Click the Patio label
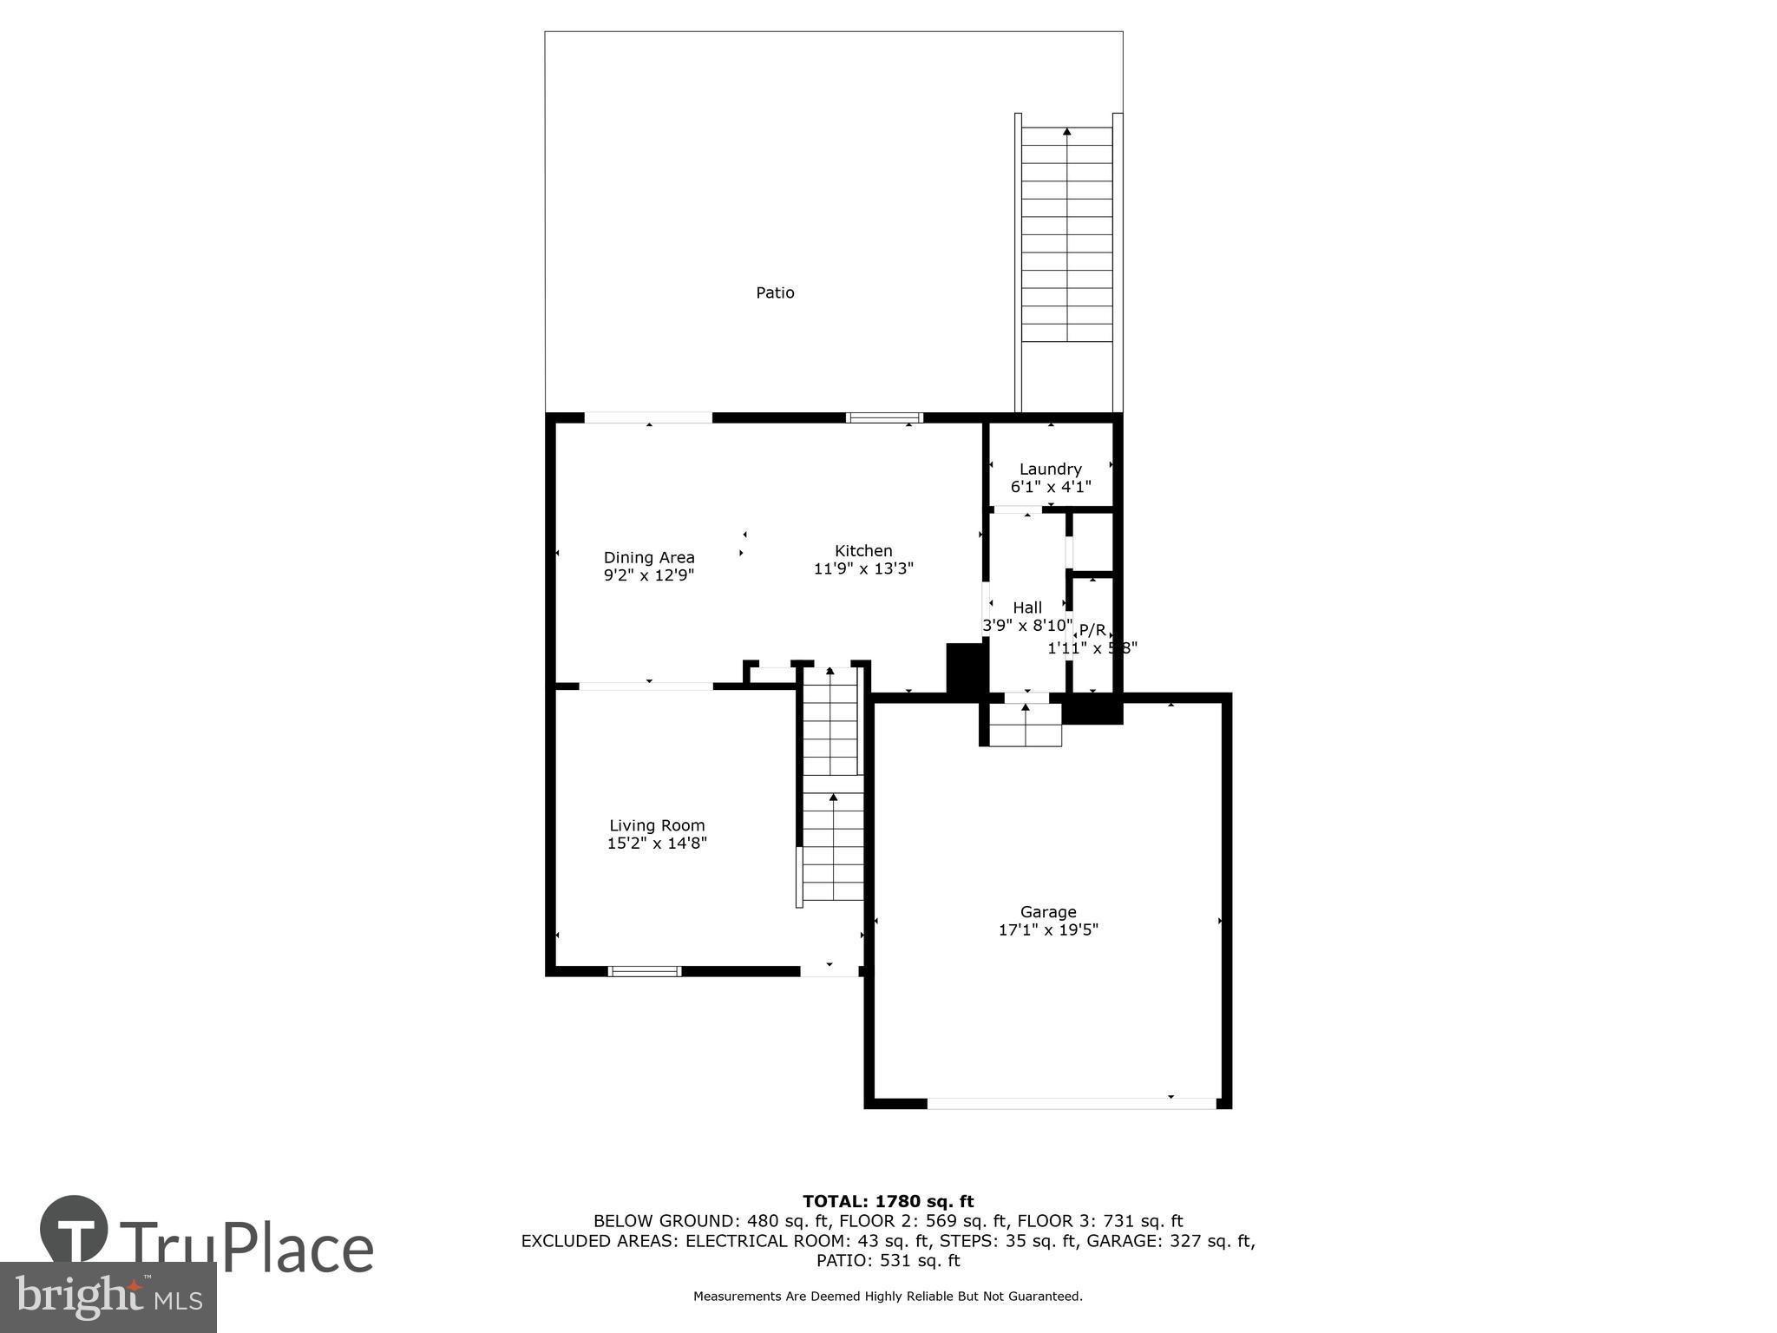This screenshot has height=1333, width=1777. click(x=775, y=293)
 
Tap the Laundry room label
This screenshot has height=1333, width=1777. click(x=1050, y=470)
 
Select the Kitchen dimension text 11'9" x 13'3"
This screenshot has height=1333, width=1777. click(x=863, y=569)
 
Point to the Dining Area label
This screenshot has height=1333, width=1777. click(x=649, y=558)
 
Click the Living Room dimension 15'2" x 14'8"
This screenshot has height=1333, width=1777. click(x=657, y=844)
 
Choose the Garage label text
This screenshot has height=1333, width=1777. click(x=1048, y=912)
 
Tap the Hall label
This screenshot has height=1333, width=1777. click(x=1027, y=607)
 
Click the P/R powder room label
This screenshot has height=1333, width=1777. click(x=1092, y=630)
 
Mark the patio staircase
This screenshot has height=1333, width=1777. click(x=1067, y=234)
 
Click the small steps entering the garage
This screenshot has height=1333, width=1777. click(x=1026, y=726)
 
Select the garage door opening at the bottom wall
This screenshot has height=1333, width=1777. click(x=1072, y=1103)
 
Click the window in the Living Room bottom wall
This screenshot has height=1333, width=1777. click(x=644, y=971)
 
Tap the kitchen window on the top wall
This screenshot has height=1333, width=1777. click(x=884, y=417)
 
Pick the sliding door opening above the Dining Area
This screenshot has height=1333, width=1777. click(x=648, y=417)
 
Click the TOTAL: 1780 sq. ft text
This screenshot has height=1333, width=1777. click(x=888, y=1202)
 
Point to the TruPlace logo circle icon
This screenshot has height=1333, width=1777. click(x=74, y=1230)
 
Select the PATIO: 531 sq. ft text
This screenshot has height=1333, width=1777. click(x=888, y=1261)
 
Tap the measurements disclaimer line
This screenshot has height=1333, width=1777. click(x=888, y=1297)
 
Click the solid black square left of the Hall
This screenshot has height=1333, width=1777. click(x=964, y=667)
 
